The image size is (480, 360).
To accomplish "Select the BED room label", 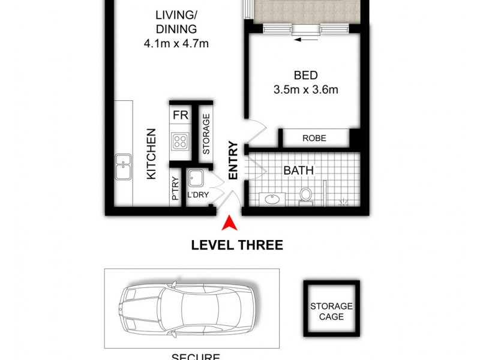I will [x=305, y=76].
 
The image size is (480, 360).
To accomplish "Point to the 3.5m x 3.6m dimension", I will [x=305, y=90].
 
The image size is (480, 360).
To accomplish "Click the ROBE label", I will [x=314, y=138].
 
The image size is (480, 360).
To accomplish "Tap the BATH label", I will [x=298, y=170].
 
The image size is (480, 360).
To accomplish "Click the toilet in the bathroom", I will [x=306, y=196].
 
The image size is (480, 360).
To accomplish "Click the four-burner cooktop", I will [x=181, y=142].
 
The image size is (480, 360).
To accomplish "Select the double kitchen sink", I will [x=124, y=168].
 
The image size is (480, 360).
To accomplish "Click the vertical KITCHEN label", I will [x=152, y=154].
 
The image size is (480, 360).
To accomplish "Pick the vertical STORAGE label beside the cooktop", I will [x=206, y=135].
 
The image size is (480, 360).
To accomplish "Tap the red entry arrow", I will [x=230, y=224].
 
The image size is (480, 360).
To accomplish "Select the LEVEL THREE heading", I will [x=236, y=245].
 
